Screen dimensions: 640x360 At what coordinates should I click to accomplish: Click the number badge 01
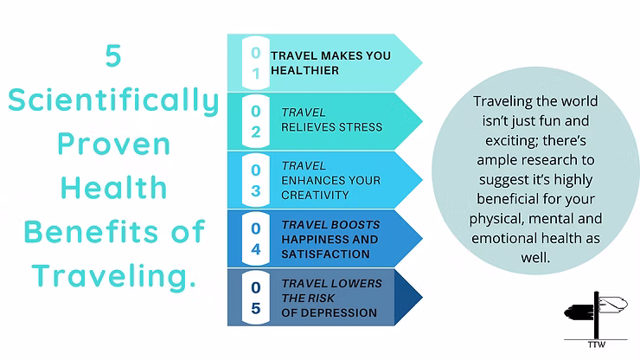click(x=256, y=63)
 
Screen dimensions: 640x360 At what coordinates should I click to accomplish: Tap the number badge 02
click(x=256, y=121)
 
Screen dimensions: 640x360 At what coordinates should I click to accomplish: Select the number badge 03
click(x=256, y=180)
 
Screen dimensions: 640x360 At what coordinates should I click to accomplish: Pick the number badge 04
click(x=256, y=239)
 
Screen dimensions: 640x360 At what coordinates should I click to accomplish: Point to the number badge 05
click(x=256, y=298)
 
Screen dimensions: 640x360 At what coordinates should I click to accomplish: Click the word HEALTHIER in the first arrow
click(x=305, y=71)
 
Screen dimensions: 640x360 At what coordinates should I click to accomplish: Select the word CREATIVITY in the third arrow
click(x=315, y=196)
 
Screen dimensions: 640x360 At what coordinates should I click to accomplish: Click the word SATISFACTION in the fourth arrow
click(x=325, y=254)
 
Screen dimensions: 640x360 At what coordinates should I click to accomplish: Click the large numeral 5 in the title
click(x=113, y=56)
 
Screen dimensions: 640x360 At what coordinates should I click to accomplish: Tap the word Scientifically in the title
click(x=113, y=100)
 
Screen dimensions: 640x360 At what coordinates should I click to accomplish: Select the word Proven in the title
click(x=114, y=144)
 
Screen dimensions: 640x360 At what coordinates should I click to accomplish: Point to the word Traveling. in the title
click(x=114, y=276)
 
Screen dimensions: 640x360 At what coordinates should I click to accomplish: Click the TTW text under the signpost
click(x=597, y=345)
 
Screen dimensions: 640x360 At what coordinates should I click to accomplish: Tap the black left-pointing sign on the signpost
click(x=579, y=312)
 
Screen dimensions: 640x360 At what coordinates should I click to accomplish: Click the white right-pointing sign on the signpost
click(x=613, y=305)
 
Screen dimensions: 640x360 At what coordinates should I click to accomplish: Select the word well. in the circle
click(x=535, y=257)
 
